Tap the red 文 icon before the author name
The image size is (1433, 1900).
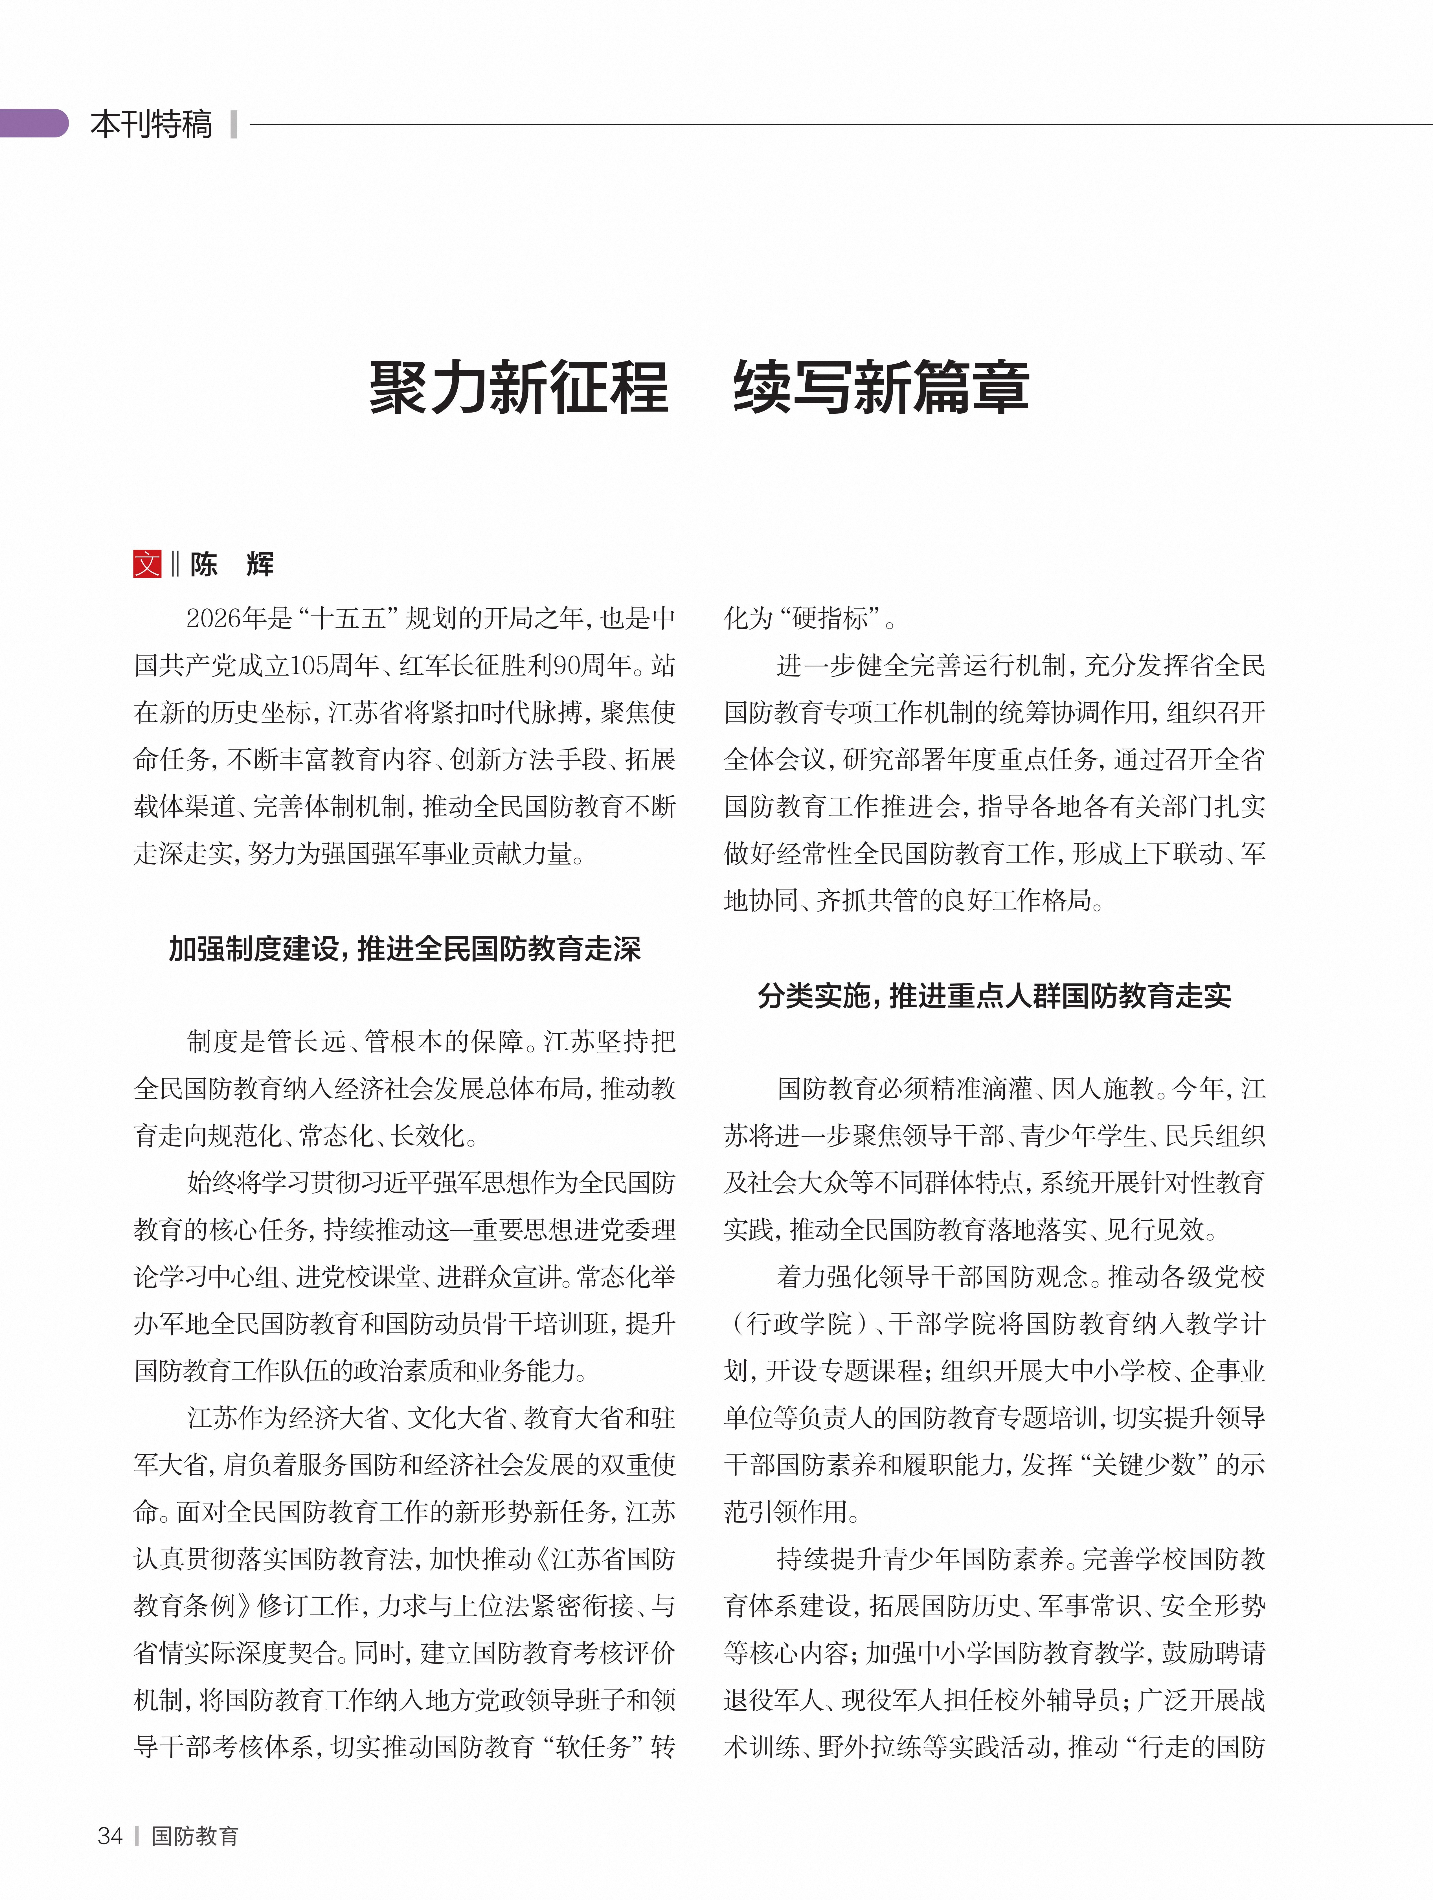click(x=147, y=564)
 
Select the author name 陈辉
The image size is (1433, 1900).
click(x=232, y=564)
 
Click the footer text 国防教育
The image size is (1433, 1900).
click(x=195, y=1836)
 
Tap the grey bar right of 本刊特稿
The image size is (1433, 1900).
click(x=234, y=124)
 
